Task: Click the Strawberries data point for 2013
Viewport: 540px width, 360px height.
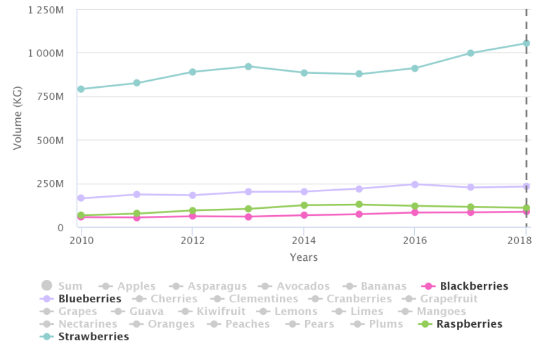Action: tap(248, 66)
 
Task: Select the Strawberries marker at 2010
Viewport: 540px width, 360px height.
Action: tap(81, 89)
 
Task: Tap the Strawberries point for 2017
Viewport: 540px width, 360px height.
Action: tap(470, 53)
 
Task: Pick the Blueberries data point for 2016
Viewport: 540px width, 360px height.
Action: tap(415, 184)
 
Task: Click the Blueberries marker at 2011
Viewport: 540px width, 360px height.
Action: tap(136, 194)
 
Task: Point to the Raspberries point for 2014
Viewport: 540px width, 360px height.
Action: tap(304, 205)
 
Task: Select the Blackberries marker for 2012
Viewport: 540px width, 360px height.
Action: tap(193, 216)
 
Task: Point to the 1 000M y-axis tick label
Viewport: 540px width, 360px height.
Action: tap(46, 53)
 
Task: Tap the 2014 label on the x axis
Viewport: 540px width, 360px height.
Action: tap(304, 239)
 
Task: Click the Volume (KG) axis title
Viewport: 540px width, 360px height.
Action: tap(18, 118)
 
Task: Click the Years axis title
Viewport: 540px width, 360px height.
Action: tap(304, 257)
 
